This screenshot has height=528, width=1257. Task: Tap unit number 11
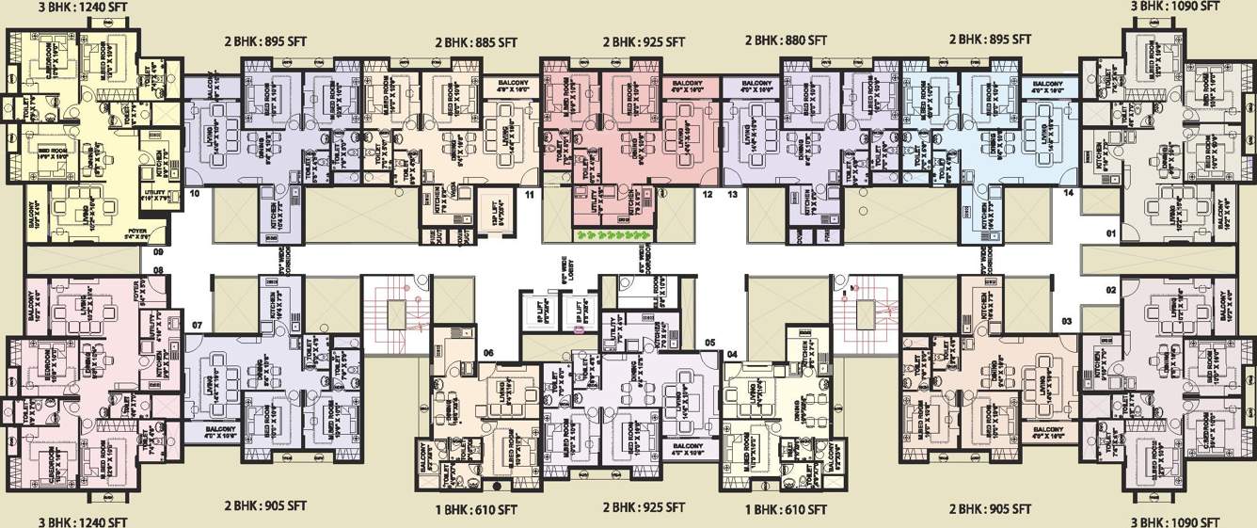529,195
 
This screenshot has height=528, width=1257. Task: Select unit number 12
707,195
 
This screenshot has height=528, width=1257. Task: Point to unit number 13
732,195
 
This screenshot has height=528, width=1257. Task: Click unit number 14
1068,193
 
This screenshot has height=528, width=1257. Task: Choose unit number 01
1110,232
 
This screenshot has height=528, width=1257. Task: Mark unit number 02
1110,290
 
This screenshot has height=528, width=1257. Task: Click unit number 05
710,342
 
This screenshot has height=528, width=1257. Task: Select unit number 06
488,353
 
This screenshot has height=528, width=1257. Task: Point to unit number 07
197,326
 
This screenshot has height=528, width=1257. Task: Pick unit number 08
158,271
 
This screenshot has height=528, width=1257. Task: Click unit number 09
158,251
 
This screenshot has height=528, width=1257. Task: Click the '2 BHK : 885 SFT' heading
476,42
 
